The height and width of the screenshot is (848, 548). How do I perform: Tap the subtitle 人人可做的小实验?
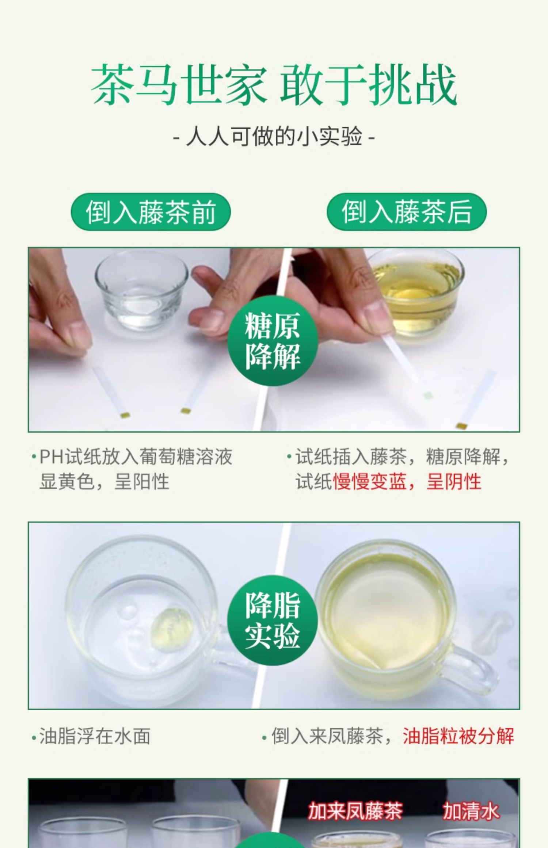click(274, 137)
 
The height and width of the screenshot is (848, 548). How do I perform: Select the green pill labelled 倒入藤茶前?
click(151, 212)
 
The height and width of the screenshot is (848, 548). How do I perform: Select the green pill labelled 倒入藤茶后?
click(407, 212)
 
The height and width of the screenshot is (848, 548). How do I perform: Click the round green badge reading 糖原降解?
click(273, 340)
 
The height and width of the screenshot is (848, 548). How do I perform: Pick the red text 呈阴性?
click(454, 481)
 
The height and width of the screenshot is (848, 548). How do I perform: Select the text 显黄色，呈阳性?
click(104, 481)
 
